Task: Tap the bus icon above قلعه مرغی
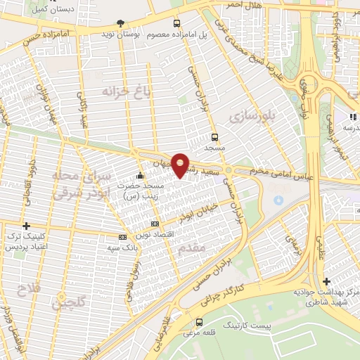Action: click(x=199, y=322)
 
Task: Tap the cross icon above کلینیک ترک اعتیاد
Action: click(x=26, y=226)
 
